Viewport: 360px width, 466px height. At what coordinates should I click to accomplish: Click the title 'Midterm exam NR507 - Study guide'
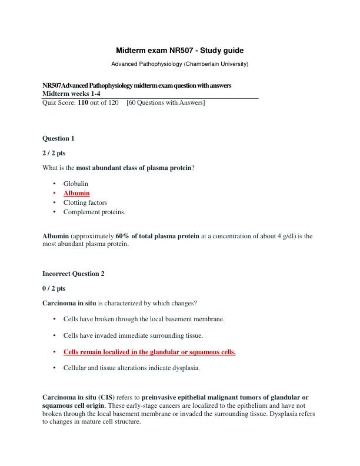pyautogui.click(x=179, y=51)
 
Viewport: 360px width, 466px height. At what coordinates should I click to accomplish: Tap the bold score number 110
pyautogui.click(x=85, y=103)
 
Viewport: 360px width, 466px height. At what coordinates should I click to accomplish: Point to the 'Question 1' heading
pyautogui.click(x=58, y=139)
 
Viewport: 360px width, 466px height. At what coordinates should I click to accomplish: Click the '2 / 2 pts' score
pyautogui.click(x=54, y=153)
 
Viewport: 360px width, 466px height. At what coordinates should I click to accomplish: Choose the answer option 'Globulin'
pyautogui.click(x=76, y=184)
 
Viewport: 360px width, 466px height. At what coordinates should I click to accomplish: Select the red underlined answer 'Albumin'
pyautogui.click(x=76, y=193)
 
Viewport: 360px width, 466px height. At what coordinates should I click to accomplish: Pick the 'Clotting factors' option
pyautogui.click(x=85, y=202)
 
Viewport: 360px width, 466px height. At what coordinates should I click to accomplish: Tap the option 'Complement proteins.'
pyautogui.click(x=95, y=212)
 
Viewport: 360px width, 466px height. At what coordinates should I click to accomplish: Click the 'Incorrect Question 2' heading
pyautogui.click(x=74, y=274)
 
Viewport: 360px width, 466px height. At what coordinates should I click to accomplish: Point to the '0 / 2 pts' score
pyautogui.click(x=54, y=288)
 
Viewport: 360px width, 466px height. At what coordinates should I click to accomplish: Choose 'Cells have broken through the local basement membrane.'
pyautogui.click(x=144, y=319)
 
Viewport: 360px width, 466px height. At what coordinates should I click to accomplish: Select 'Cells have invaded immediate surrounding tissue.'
pyautogui.click(x=134, y=335)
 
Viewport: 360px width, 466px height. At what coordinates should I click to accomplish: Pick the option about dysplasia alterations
pyautogui.click(x=132, y=368)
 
